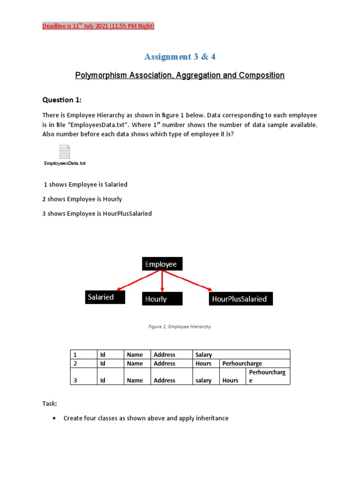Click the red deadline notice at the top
pos(98,26)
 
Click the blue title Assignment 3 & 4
pos(180,57)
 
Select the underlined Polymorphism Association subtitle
pos(180,75)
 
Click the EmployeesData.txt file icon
pos(65,152)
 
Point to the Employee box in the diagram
pos(162,264)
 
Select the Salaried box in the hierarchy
pos(105,297)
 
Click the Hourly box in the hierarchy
pos(162,299)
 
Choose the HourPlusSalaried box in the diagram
pos(240,299)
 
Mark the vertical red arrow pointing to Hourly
pos(162,281)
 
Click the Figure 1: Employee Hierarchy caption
pos(180,327)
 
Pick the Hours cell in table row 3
pos(231,380)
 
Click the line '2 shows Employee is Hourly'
pos(82,199)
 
